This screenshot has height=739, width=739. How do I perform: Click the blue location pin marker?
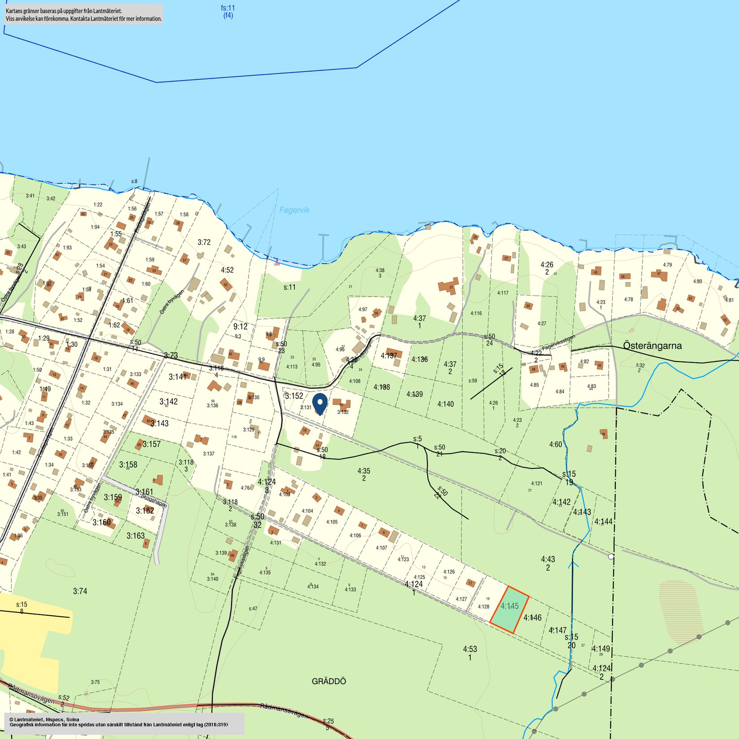[x=319, y=403]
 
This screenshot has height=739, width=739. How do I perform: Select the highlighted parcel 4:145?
[x=509, y=609]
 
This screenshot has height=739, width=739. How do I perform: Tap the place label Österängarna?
[x=653, y=346]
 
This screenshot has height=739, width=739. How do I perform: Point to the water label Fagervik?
[x=294, y=210]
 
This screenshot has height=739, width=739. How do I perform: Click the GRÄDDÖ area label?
[x=329, y=681]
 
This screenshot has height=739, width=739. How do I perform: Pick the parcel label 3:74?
[x=80, y=591]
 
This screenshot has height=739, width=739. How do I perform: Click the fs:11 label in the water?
[x=228, y=12]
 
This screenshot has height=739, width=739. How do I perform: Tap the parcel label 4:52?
[x=227, y=270]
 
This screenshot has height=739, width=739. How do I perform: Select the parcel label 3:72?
[x=204, y=242]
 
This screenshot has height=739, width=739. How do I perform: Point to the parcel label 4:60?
[x=555, y=444]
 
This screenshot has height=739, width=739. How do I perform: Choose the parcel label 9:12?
[x=241, y=327]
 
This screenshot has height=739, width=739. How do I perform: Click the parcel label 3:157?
[x=152, y=444]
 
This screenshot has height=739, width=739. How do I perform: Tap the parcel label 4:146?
[x=532, y=618]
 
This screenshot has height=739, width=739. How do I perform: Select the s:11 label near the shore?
[x=290, y=287]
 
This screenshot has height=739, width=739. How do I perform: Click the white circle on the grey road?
[x=611, y=556]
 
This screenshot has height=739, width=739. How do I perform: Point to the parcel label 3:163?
[x=135, y=536]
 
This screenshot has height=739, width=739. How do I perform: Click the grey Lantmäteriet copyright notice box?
[x=124, y=723]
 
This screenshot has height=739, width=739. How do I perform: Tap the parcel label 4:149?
[x=601, y=649]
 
